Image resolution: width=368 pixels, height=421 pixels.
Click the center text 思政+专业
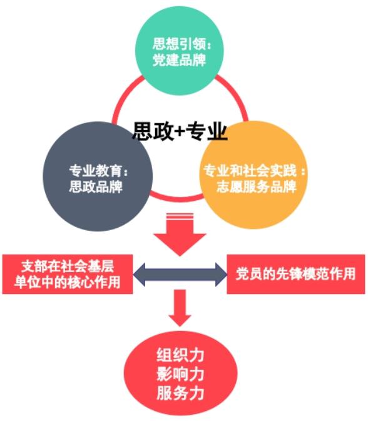179,131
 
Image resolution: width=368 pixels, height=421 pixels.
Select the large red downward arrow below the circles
180,235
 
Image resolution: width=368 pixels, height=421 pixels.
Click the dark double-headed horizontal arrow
180,273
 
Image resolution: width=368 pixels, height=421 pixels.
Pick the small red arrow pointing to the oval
180,308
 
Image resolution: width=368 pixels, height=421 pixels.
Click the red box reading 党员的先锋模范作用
295,273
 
